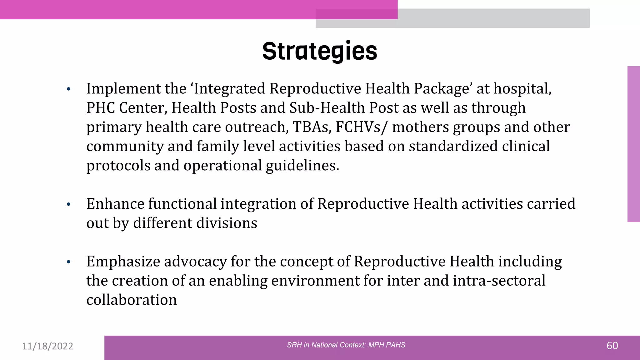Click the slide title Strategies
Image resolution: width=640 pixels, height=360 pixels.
(320, 51)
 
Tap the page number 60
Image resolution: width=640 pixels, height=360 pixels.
(612, 346)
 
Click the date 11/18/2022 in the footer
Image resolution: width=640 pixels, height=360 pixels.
(47, 346)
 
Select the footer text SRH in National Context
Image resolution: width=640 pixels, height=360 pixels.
(346, 345)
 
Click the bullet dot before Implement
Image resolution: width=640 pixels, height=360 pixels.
(69, 89)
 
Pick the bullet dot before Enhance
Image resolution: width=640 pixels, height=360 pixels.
(69, 205)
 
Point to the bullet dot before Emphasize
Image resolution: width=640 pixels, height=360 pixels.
(69, 262)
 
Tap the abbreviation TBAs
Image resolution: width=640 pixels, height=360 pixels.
(312, 127)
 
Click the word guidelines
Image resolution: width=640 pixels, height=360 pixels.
(302, 166)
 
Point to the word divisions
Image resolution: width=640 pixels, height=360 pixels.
(226, 223)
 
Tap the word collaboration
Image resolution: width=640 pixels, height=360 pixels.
(132, 300)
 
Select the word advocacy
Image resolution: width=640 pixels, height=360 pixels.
(195, 262)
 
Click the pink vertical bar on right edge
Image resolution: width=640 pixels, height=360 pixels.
(633, 144)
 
